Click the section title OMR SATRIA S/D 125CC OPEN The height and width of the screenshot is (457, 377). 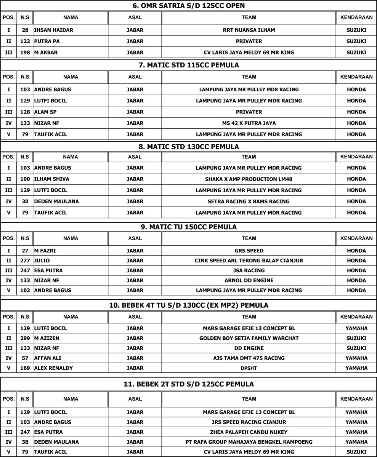tap(189, 5)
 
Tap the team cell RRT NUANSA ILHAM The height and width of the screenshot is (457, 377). tap(249, 30)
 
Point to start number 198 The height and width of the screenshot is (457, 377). tap(25, 53)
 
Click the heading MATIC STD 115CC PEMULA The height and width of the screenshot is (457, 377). tap(189, 65)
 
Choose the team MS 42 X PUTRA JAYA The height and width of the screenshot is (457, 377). tap(249, 123)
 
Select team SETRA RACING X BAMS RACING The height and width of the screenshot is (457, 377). tap(249, 201)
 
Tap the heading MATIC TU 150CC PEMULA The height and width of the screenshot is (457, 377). tap(189, 227)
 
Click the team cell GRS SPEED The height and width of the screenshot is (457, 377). tap(249, 251)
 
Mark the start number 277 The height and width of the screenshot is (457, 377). tap(25, 260)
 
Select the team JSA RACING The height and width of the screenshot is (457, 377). tap(249, 270)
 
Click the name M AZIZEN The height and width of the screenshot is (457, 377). tap(47, 338)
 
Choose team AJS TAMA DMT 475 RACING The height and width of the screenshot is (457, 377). tap(249, 358)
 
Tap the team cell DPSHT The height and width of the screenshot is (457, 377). tap(249, 368)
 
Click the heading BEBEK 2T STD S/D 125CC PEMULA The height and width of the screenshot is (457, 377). tap(189, 384)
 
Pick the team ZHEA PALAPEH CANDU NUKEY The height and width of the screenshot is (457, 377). tap(249, 432)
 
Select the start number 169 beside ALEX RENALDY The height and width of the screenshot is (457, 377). tap(25, 368)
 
